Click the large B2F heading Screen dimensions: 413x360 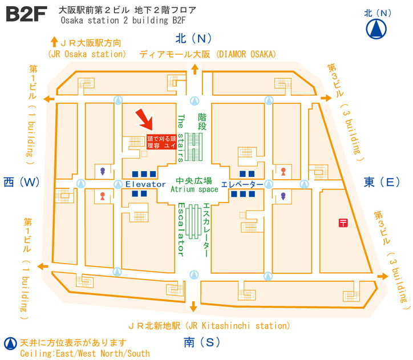[26, 14]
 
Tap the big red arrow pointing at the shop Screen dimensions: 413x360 [144, 119]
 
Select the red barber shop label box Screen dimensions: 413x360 [161, 142]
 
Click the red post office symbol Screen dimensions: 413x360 [343, 223]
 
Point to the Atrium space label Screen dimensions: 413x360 [194, 189]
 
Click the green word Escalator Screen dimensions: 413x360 [181, 229]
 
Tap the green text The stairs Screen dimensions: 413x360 [181, 137]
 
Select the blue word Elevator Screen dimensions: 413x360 [145, 184]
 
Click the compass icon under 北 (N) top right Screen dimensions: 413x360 [376, 29]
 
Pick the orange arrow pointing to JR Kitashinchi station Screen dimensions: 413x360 [193, 306]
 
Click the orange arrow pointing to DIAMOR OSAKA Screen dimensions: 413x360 [195, 69]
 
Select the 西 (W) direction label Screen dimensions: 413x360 [22, 182]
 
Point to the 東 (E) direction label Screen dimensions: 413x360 [382, 182]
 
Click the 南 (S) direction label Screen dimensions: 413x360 [202, 342]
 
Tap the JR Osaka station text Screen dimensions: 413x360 [87, 54]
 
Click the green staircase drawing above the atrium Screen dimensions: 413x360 [193, 147]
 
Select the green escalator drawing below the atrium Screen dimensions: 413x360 [193, 222]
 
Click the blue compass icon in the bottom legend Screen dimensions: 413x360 [10, 343]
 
